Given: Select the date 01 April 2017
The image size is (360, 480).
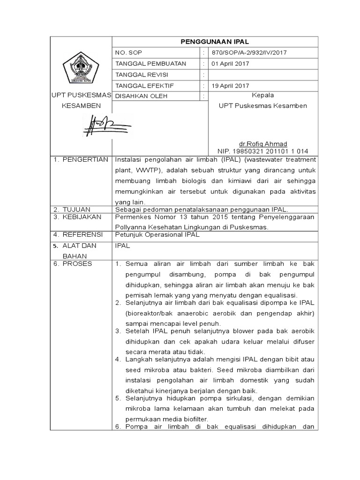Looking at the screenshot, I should [230, 64].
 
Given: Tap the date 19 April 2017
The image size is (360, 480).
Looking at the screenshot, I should [230, 85].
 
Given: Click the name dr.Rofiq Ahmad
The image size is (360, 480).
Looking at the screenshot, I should [262, 143].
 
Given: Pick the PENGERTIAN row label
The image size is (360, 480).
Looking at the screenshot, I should [84, 160].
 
